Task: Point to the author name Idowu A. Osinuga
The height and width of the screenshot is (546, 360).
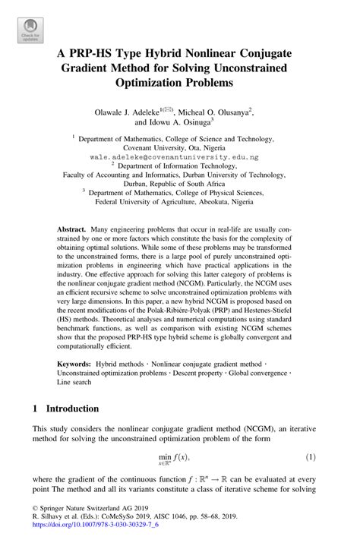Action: point(174,120)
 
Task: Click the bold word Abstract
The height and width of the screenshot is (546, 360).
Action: point(72,229)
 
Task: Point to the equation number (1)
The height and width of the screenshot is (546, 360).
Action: point(310,456)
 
